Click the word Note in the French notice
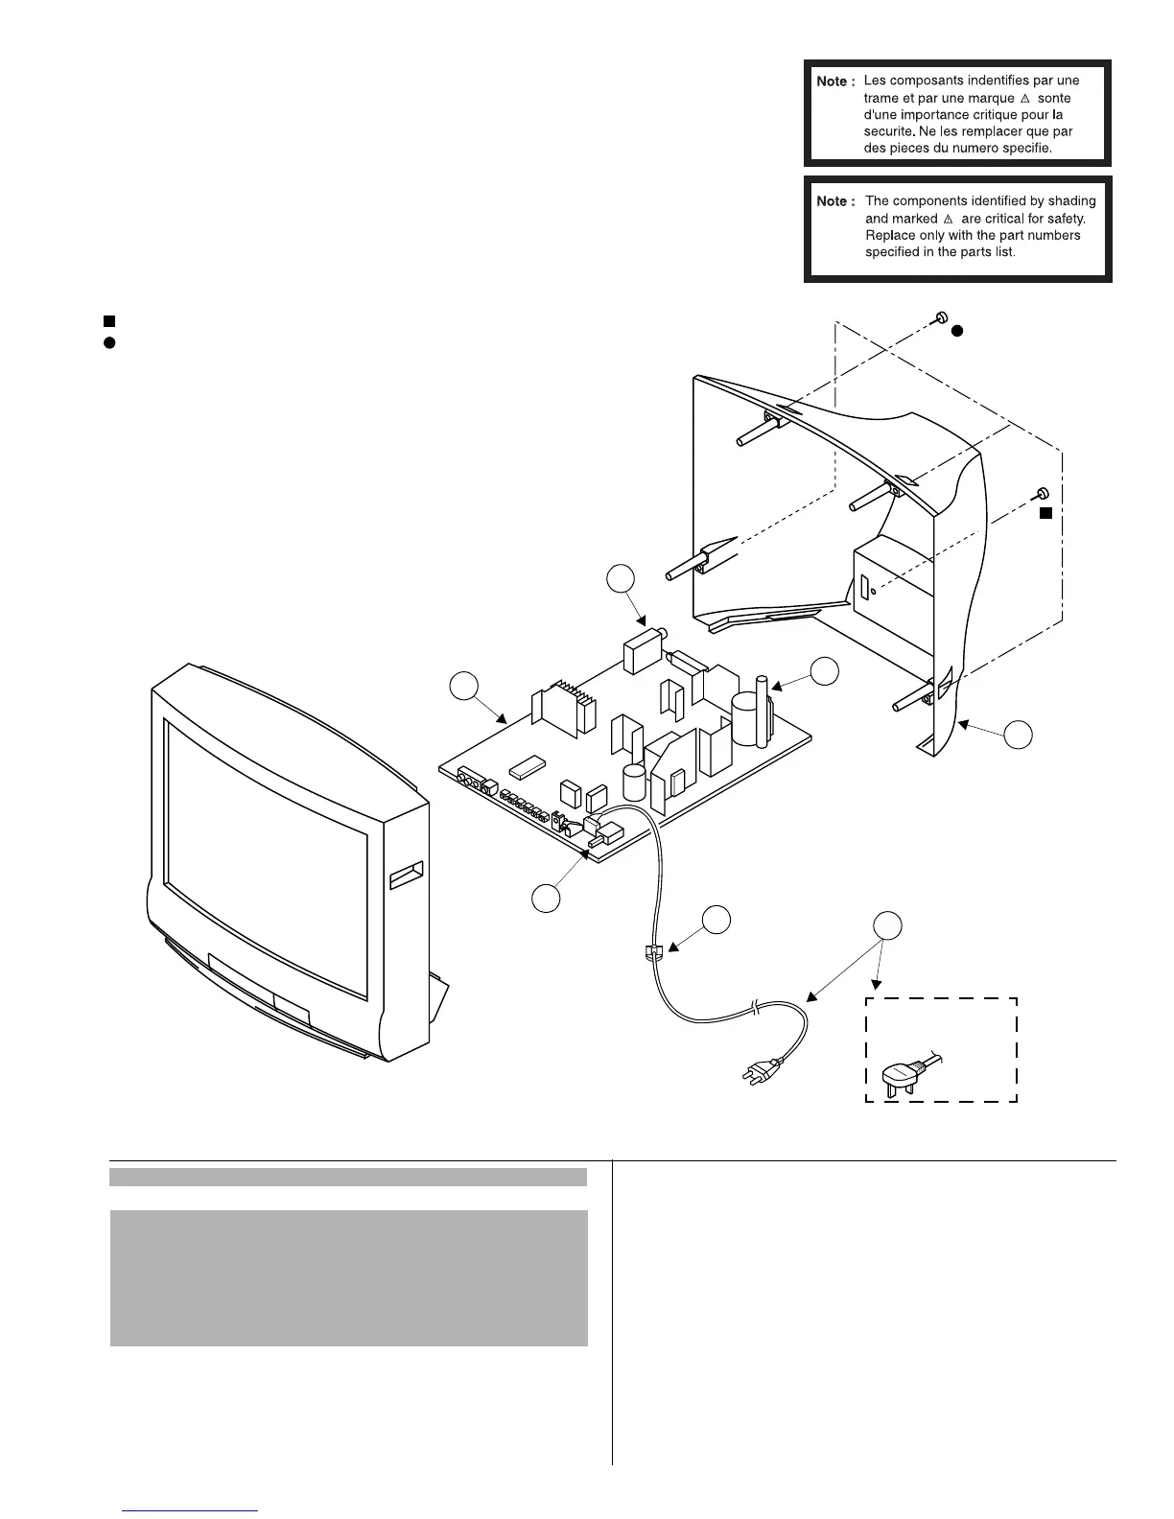832,82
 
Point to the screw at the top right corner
941,317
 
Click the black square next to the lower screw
1046,514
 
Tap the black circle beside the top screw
956,331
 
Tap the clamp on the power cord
652,952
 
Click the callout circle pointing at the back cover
1019,735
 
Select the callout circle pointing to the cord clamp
716,919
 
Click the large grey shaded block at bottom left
348,1277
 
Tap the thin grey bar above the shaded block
348,1177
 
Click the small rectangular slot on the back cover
864,587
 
